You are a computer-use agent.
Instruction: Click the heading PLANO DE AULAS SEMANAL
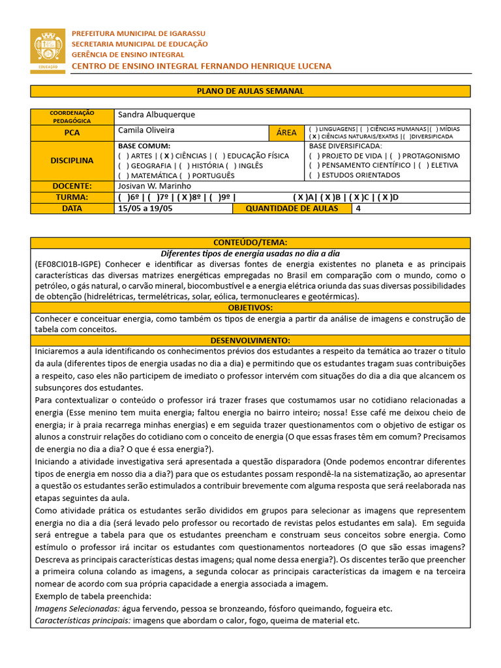tap(250, 91)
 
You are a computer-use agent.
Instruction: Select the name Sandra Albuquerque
tap(157, 115)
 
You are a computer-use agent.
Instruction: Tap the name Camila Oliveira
tap(146, 130)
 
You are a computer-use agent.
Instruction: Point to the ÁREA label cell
tap(286, 132)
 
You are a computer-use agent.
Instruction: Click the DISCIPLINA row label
tap(72, 160)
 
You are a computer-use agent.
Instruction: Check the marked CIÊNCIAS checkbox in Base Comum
tap(168, 157)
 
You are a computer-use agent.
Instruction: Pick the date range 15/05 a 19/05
tap(140, 209)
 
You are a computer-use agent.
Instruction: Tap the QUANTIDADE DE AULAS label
tap(292, 209)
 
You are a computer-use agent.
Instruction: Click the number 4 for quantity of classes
tap(358, 209)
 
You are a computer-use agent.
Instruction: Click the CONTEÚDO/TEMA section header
tap(250, 243)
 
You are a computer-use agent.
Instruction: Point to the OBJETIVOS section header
tap(250, 307)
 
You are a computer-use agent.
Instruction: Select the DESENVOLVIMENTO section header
tap(250, 341)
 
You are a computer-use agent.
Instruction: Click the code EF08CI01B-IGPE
tap(67, 264)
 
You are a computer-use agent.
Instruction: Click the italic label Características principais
tap(82, 620)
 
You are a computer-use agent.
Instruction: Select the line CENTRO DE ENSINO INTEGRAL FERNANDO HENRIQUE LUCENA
tap(201, 67)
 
